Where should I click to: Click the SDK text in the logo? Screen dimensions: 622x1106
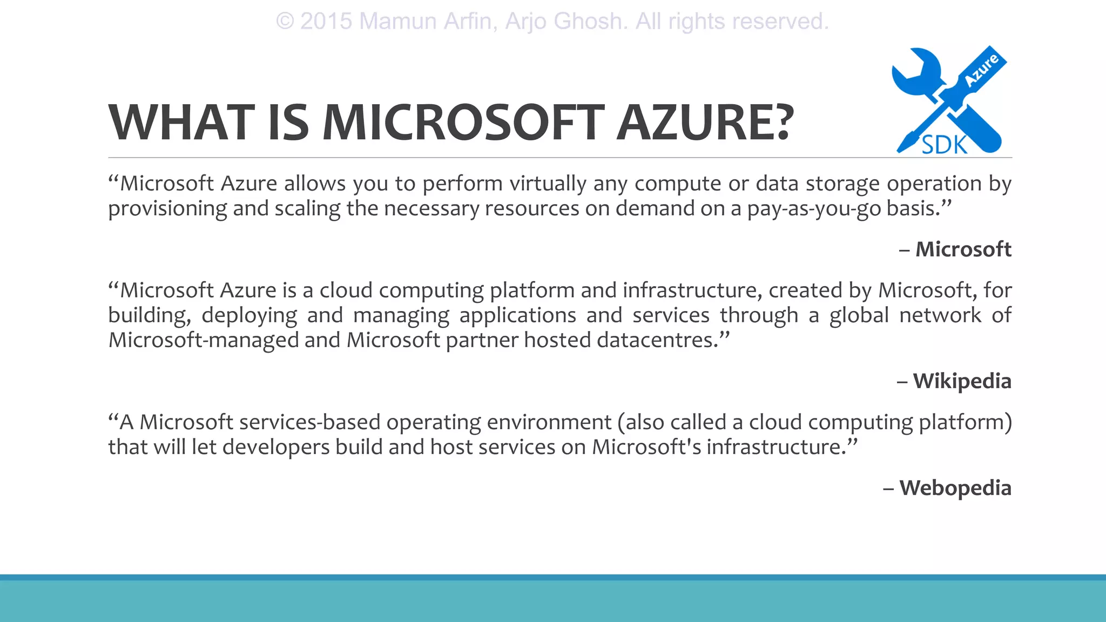click(944, 145)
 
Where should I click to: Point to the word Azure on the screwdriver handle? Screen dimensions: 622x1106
click(982, 70)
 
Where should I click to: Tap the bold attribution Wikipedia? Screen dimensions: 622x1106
click(962, 381)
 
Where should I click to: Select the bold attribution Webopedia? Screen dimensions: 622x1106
click(955, 488)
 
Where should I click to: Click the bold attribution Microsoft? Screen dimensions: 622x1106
click(963, 249)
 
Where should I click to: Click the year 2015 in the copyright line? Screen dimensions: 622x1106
click(326, 22)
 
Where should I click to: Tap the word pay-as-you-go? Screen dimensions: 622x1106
click(814, 208)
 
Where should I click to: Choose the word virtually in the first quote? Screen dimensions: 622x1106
click(548, 184)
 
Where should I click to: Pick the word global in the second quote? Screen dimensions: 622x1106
click(859, 315)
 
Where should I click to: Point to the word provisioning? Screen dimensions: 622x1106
click(167, 208)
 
